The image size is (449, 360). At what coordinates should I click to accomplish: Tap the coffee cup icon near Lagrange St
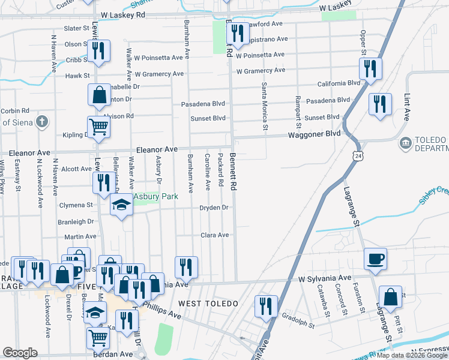click(376, 259)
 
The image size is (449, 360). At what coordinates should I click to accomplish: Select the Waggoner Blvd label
click(316, 134)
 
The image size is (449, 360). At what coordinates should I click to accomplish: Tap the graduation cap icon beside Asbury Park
click(122, 206)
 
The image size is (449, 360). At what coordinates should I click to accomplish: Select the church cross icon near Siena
click(41, 122)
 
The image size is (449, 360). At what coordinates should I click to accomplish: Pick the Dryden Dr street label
click(214, 208)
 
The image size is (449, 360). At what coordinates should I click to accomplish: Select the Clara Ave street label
click(214, 235)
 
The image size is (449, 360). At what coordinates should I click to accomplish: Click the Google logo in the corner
click(20, 353)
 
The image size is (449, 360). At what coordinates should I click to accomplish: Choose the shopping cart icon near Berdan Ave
click(98, 338)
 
